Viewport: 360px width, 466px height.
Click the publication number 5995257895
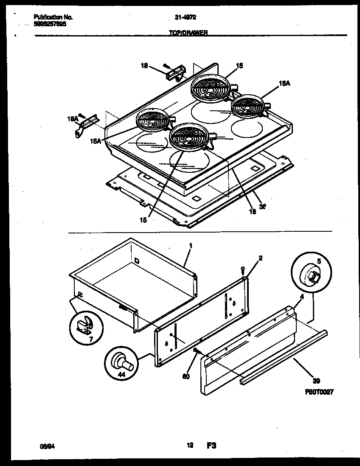pyautogui.click(x=50, y=25)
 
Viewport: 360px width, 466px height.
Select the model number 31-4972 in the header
pyautogui.click(x=185, y=17)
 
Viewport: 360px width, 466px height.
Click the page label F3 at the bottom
pyautogui.click(x=212, y=446)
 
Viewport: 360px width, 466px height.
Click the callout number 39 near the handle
pyautogui.click(x=316, y=380)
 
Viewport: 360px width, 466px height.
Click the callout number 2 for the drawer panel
pyautogui.click(x=260, y=258)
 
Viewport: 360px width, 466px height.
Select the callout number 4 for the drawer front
pyautogui.click(x=301, y=298)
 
